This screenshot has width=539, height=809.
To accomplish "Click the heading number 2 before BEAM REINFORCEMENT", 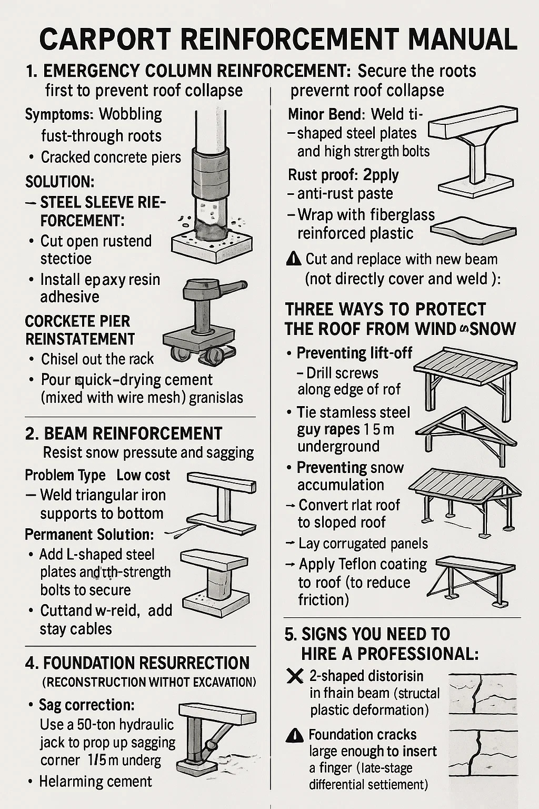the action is point(31,434).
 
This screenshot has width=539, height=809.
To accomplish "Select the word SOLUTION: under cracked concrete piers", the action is point(60,181).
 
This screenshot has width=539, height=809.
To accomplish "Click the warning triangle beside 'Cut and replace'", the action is point(294,259).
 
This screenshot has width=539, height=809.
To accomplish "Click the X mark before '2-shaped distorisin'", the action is point(294,676).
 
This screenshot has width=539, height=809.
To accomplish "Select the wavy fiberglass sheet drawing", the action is point(474,228).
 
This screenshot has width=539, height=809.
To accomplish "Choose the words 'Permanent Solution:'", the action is point(89,535).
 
